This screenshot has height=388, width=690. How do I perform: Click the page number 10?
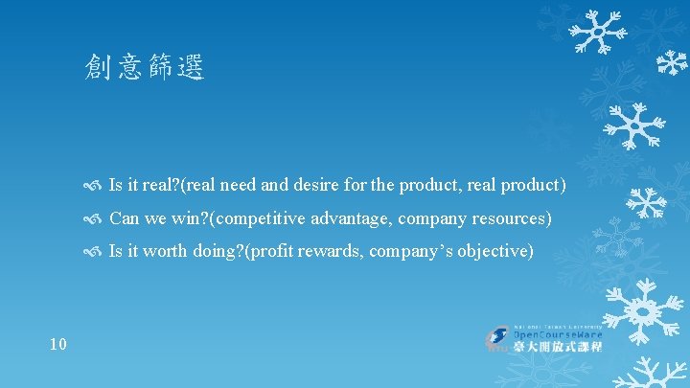pyautogui.click(x=57, y=343)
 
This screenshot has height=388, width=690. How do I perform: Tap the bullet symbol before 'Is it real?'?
pyautogui.click(x=93, y=185)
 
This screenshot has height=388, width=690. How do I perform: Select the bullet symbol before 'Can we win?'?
pyautogui.click(x=93, y=219)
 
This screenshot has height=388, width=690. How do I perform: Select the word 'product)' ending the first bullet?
pyautogui.click(x=535, y=184)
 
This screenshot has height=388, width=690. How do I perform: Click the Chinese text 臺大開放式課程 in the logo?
pyautogui.click(x=559, y=347)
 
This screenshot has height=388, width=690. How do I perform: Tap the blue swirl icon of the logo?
pyautogui.click(x=498, y=338)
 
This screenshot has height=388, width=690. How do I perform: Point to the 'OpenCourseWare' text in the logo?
pyautogui.click(x=559, y=334)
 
